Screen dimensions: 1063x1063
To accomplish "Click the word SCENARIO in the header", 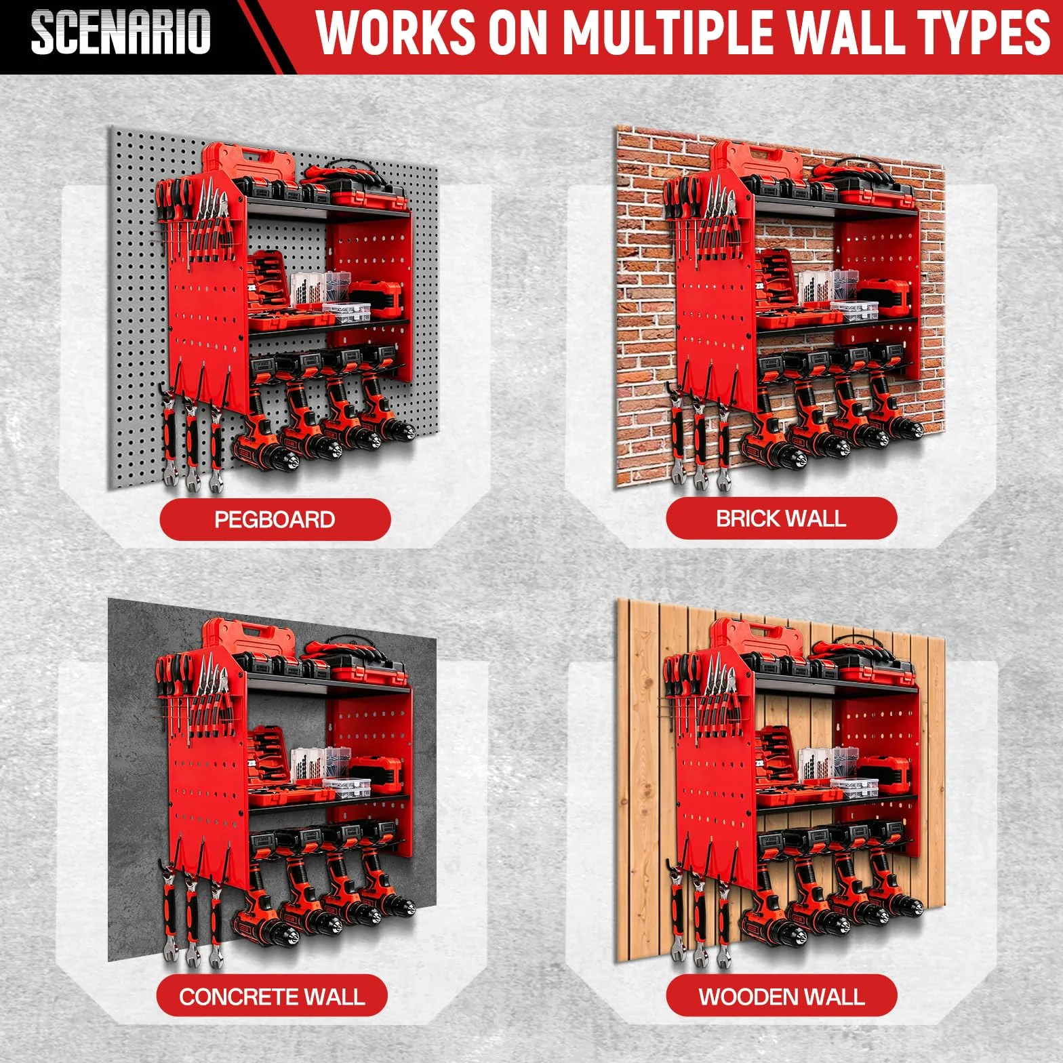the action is [x=121, y=32].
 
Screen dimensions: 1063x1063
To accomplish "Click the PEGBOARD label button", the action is [x=275, y=519].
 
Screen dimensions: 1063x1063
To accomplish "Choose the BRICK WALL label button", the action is [x=781, y=519].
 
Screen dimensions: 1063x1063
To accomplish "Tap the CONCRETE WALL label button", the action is [x=272, y=997].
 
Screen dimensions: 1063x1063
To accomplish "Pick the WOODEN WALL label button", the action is [x=781, y=997].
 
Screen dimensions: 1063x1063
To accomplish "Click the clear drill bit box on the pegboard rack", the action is [x=308, y=290].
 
